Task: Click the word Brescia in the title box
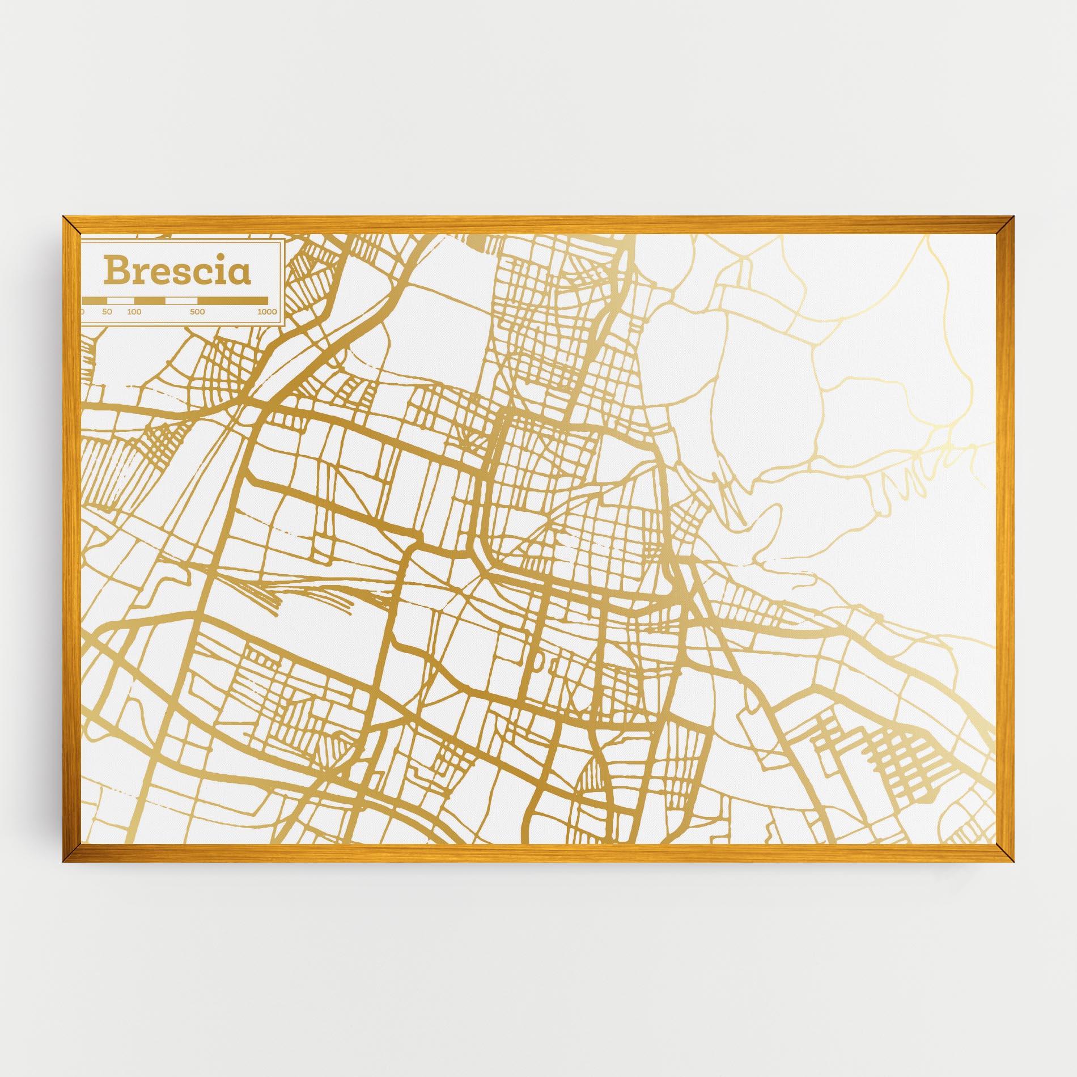point(176,271)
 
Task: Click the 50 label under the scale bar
point(107,312)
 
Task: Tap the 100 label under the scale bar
point(134,312)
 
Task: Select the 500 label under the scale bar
point(197,312)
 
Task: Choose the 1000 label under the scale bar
point(266,312)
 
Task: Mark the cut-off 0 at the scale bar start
point(82,312)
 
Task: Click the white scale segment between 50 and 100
point(121,300)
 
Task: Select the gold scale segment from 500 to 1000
point(232,300)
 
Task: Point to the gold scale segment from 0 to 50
point(95,300)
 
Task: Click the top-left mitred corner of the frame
point(72,225)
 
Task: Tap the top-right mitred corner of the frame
point(1005,225)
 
